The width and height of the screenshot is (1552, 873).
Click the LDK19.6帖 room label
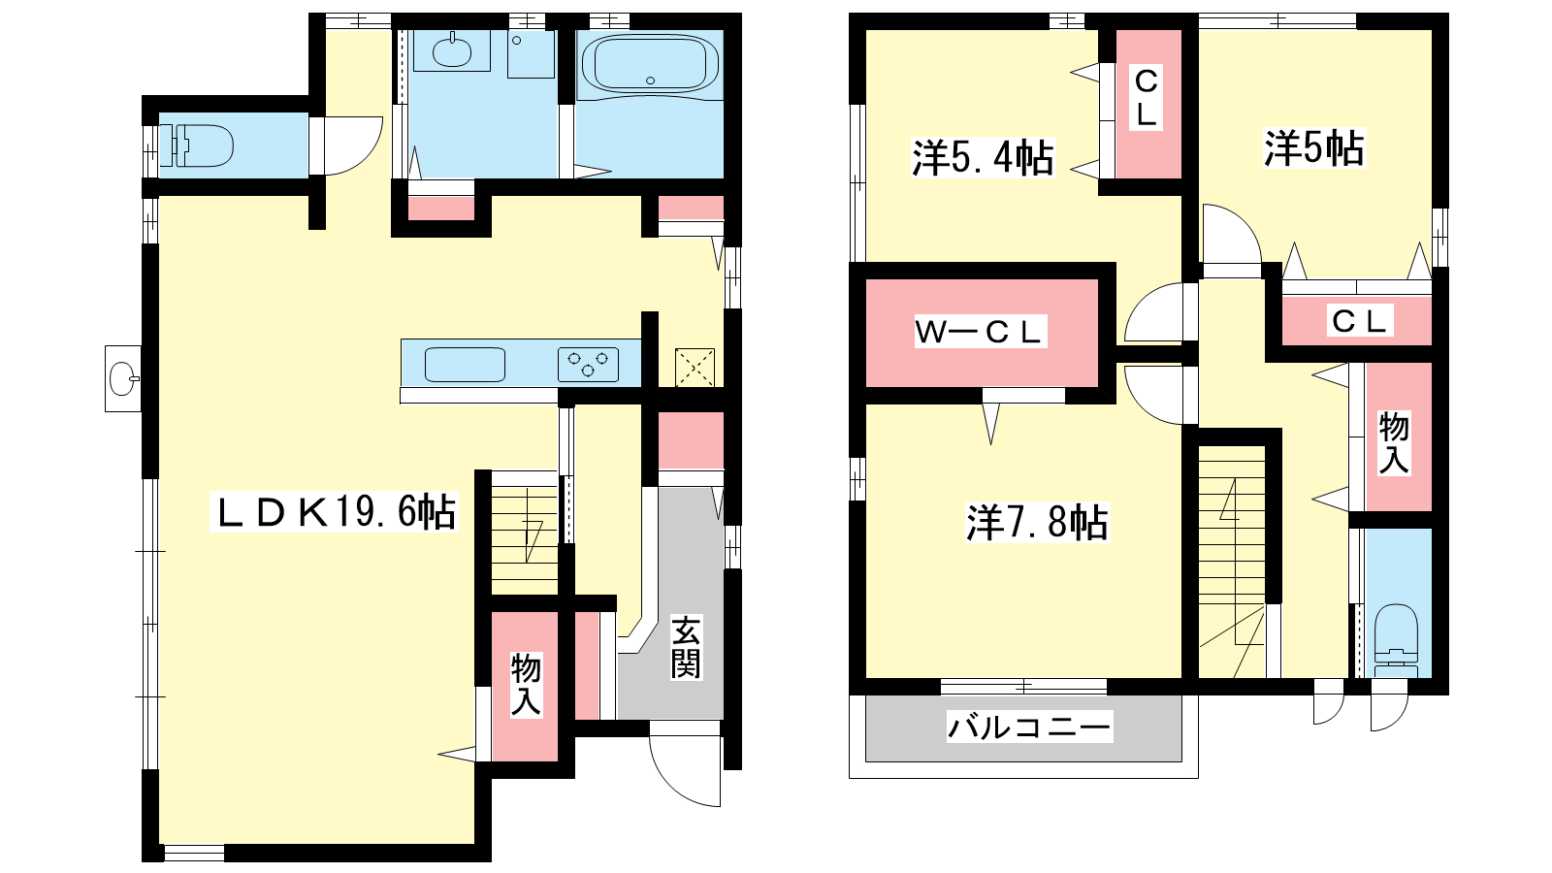coord(334,512)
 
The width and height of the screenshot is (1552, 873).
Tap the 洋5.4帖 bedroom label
coord(983,159)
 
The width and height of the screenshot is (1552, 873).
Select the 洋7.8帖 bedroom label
coord(1037,523)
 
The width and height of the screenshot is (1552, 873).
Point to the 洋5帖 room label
coord(1313,148)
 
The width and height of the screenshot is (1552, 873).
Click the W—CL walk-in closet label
coord(980,332)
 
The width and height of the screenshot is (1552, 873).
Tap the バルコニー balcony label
coord(1029,727)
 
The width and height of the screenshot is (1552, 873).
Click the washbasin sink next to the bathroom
coord(452,50)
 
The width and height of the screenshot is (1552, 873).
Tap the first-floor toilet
coord(197,146)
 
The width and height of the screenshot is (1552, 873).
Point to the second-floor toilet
coord(1396,640)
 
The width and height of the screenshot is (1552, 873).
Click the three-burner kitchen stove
coord(588,364)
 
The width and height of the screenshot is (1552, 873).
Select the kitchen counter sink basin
coord(465,365)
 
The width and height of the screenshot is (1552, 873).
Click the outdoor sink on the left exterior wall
coord(122,379)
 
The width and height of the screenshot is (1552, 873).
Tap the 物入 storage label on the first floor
coord(526,685)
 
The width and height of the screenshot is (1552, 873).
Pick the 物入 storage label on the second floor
coord(1394,442)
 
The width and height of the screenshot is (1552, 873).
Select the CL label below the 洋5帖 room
coord(1359,321)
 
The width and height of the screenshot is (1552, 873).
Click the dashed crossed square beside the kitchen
coord(695,368)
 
